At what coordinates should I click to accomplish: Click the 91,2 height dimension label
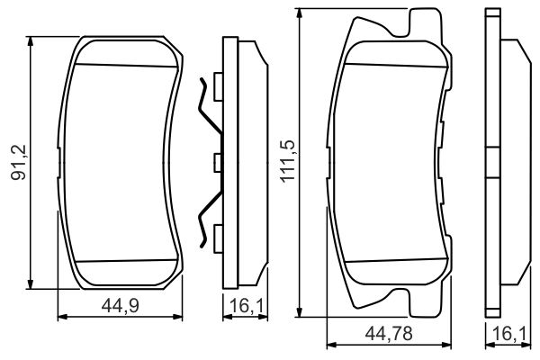[19, 162]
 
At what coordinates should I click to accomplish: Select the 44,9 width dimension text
[121, 305]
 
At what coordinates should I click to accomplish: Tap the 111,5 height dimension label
[288, 161]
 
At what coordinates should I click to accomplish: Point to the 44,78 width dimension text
[389, 334]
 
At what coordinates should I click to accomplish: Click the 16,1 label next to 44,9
[246, 305]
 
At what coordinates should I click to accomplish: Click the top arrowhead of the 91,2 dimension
[31, 40]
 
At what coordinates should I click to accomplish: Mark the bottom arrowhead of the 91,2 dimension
[31, 284]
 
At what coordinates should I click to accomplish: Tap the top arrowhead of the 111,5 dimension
[300, 13]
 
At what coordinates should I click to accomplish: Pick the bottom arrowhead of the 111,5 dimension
[300, 312]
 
